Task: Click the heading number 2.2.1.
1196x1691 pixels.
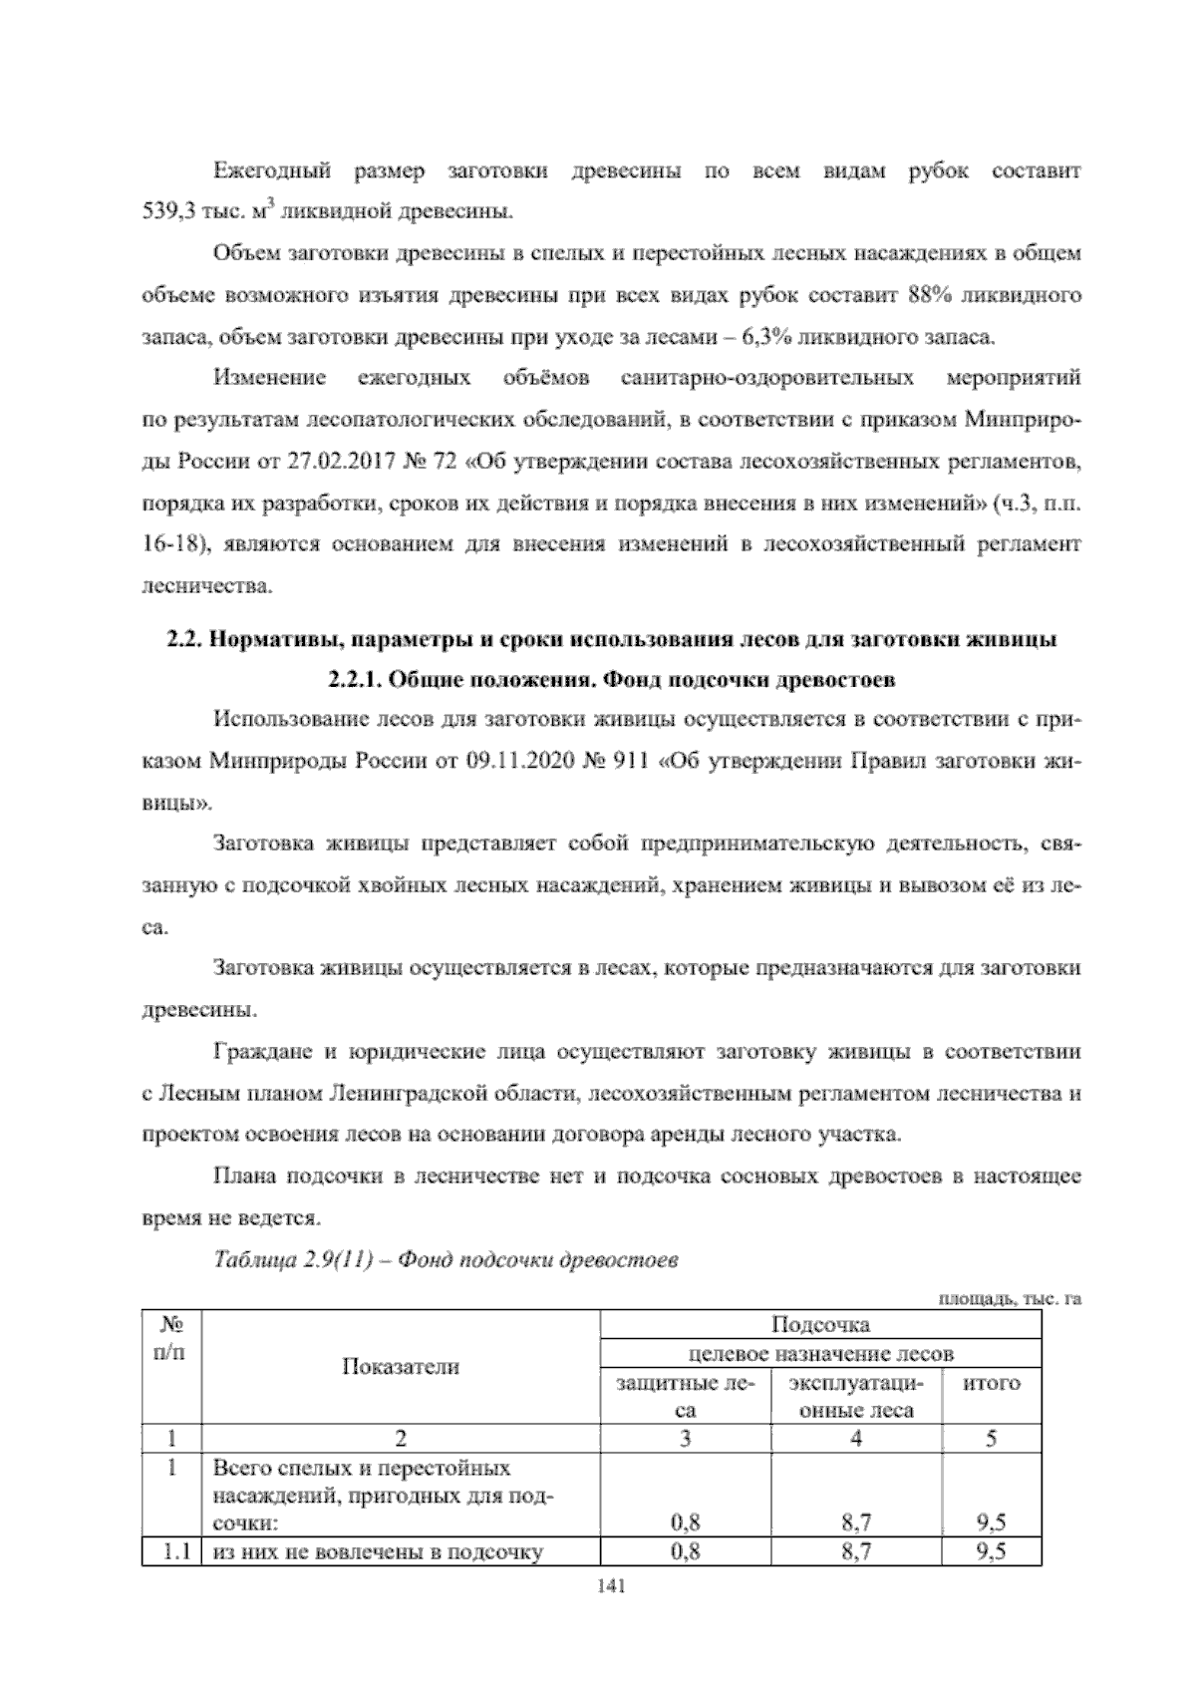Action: (x=354, y=680)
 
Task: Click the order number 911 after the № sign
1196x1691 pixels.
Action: (x=628, y=761)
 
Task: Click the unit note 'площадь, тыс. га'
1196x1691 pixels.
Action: (x=1010, y=1297)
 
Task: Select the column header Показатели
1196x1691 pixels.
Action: (x=401, y=1366)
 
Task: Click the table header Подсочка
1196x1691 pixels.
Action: (x=821, y=1324)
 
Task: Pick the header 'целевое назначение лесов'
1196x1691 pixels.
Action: (x=821, y=1353)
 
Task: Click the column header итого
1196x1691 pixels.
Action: (x=991, y=1383)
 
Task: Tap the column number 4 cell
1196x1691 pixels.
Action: (x=856, y=1438)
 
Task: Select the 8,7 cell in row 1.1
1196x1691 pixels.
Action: (x=856, y=1579)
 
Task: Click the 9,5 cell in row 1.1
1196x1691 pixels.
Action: (x=991, y=1579)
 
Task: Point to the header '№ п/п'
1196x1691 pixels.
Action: (x=171, y=1338)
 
